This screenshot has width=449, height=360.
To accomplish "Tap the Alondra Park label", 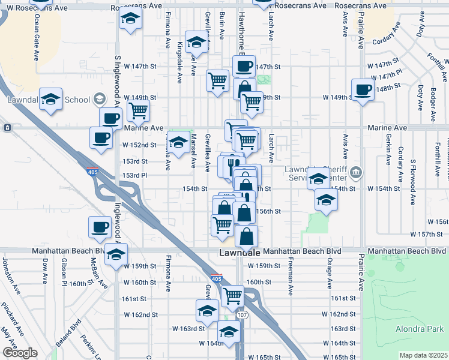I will point(419,329).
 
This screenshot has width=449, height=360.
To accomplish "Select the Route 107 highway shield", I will point(242,315).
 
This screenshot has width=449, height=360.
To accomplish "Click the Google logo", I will point(20,353).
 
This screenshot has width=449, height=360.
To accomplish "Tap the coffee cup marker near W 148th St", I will point(363,90).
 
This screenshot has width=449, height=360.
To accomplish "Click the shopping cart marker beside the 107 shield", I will point(232,295).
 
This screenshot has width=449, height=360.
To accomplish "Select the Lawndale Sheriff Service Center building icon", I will point(357,174).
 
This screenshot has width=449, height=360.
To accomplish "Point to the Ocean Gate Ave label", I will point(37,39).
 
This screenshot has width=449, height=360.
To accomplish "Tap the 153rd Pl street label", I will point(135,175).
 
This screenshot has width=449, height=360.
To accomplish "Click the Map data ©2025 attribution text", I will point(423,355).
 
